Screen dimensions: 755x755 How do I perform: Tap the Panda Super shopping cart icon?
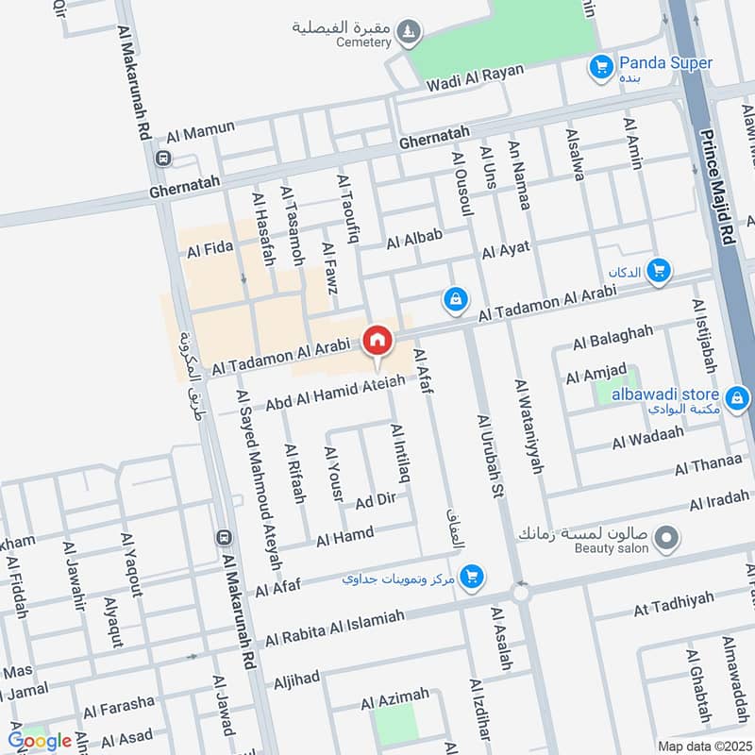point(598,67)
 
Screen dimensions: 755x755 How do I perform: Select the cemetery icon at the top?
point(409,31)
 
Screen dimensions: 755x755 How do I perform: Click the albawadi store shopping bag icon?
point(737,399)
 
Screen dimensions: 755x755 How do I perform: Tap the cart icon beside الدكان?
point(660,272)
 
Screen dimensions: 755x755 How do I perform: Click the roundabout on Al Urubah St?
point(521,593)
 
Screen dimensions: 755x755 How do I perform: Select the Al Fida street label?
point(210,250)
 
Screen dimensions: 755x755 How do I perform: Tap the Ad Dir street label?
point(375,499)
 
